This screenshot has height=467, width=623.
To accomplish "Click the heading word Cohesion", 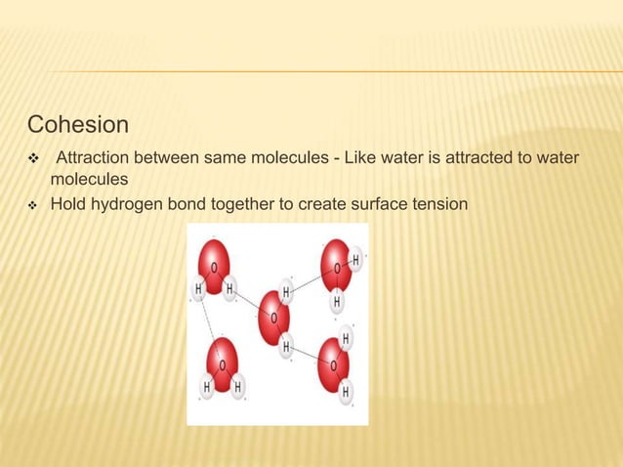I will click(x=78, y=125).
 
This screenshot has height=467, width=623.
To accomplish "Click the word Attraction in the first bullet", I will click(x=94, y=158).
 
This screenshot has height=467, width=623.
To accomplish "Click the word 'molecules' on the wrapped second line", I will click(x=89, y=180).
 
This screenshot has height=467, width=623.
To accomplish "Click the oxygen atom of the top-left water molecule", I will click(x=215, y=264).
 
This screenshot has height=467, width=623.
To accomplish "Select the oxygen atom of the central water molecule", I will click(x=273, y=318).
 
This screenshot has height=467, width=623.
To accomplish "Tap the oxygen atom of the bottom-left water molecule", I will click(x=222, y=363).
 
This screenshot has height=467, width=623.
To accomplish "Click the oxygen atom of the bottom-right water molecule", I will click(x=334, y=363).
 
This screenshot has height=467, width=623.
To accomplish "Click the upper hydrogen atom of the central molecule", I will click(x=286, y=292).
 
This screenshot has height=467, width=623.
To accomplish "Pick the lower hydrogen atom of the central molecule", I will click(x=286, y=346).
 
